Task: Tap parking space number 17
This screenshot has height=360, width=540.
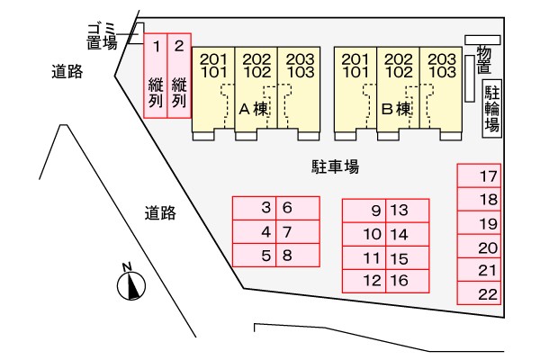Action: click(x=479, y=175)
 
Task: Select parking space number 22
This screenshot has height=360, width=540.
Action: click(x=479, y=293)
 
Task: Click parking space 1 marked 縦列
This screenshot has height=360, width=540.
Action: click(x=156, y=76)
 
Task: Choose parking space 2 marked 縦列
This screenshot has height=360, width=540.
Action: click(x=179, y=76)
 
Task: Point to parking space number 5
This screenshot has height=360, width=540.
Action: click(x=254, y=256)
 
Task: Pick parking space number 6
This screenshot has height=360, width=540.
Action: click(x=298, y=208)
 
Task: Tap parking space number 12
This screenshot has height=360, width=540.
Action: click(x=364, y=281)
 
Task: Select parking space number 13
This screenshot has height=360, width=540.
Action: click(x=408, y=211)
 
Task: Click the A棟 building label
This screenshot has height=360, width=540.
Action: click(x=254, y=109)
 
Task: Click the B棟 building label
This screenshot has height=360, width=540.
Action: click(x=396, y=109)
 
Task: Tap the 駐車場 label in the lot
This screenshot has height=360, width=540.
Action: click(x=336, y=166)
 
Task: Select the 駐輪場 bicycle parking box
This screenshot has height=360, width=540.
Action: click(x=492, y=109)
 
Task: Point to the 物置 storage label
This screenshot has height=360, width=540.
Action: click(x=484, y=60)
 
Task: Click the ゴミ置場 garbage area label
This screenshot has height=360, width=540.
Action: click(x=102, y=37)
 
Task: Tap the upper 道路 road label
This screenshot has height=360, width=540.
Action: click(x=67, y=72)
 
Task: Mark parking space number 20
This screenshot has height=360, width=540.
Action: click(x=479, y=247)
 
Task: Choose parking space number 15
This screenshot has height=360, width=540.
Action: click(x=408, y=258)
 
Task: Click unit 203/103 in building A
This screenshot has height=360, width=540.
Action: click(x=299, y=90)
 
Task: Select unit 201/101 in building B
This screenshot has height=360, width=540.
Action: click(x=355, y=90)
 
